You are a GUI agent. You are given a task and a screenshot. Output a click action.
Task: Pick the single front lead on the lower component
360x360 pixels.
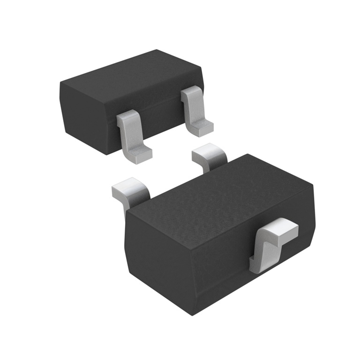(x=272, y=243)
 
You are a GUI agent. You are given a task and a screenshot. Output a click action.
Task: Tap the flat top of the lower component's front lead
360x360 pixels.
(x=281, y=229)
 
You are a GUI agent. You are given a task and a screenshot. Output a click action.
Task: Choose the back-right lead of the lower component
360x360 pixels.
(x=208, y=155)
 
